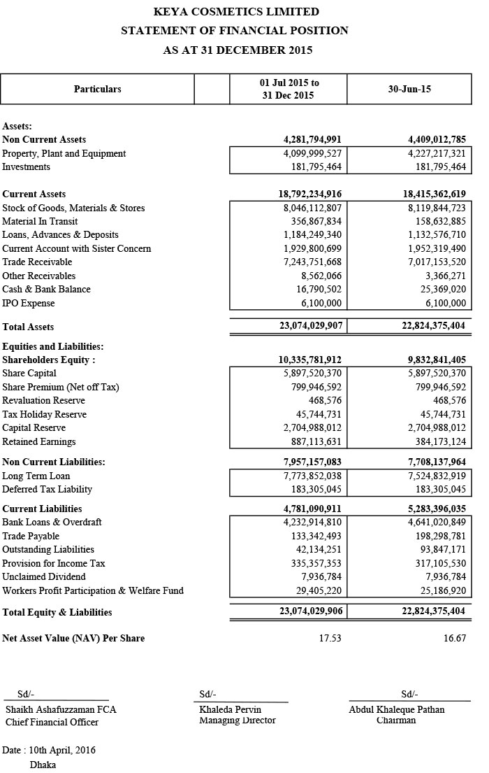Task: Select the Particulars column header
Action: point(98,89)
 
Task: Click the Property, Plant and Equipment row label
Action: point(64,153)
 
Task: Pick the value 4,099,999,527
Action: point(312,153)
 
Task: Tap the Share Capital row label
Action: point(29,374)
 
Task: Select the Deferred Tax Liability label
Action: point(47,489)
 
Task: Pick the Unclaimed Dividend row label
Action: point(44,576)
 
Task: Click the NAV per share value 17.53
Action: point(330,638)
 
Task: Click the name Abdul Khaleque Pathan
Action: point(397,709)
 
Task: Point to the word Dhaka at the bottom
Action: point(43,765)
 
